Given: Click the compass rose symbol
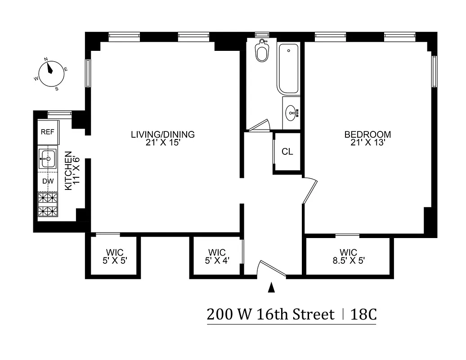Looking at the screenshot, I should click(50, 74).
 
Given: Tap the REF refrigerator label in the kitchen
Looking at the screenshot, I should click(47, 132).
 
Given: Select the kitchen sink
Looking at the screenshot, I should click(47, 158).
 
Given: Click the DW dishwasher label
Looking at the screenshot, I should click(48, 181).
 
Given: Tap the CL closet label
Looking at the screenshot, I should click(287, 152).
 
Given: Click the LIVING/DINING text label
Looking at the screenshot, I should click(163, 134).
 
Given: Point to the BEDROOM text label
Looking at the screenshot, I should click(367, 134).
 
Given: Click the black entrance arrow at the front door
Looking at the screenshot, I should click(271, 287).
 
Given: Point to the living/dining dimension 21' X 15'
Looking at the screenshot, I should click(163, 142).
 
